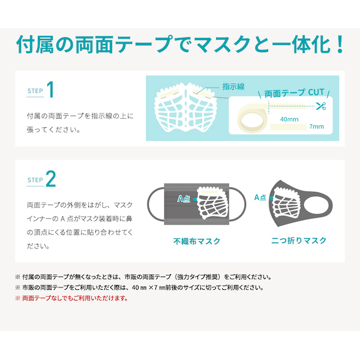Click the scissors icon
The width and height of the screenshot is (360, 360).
321,106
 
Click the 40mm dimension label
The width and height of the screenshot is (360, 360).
289,119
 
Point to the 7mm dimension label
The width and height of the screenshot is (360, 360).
317,127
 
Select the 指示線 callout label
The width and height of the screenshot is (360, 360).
233,87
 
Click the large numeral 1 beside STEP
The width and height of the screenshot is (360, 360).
50,89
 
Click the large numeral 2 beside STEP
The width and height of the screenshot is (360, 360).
51,179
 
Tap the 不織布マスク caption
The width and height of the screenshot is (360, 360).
197,241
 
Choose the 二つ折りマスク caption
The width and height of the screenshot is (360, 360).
299,241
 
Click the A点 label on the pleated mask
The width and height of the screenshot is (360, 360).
184,199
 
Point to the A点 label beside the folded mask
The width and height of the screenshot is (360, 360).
260,197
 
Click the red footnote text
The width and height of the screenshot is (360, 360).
71,298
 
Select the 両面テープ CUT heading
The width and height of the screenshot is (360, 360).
294,93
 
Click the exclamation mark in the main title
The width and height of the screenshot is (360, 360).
340,44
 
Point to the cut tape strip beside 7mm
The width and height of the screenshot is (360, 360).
288,127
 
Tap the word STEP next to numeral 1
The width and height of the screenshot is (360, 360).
35,91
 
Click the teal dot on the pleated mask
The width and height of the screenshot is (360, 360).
195,199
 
